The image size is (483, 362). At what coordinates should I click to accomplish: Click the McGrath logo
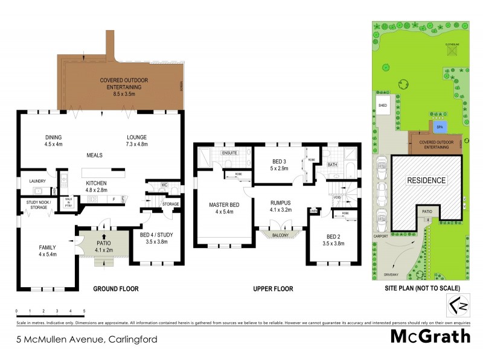click(430, 337)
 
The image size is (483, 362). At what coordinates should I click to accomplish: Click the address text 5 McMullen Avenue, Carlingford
click(87, 339)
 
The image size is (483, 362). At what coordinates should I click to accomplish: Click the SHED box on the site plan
click(383, 105)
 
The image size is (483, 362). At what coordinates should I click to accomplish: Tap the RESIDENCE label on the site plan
click(426, 180)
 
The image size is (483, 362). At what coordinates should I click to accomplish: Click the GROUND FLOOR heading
click(115, 289)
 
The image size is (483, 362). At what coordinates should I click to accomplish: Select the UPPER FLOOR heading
click(273, 289)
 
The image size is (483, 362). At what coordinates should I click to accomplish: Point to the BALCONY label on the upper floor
click(278, 235)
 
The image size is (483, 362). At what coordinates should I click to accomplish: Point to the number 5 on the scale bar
click(84, 311)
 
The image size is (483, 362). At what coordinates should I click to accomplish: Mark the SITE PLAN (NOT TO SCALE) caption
click(422, 289)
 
